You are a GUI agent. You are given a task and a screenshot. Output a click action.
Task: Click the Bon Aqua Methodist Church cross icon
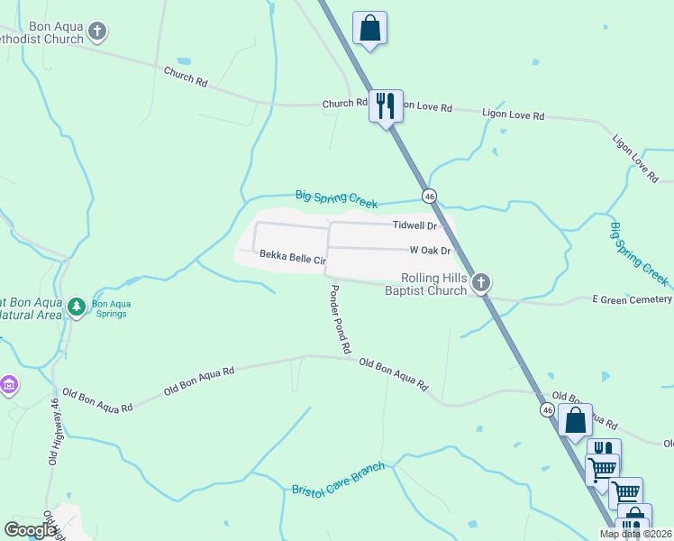[x=98, y=32]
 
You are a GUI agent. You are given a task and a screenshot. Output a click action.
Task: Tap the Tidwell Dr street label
[x=414, y=226]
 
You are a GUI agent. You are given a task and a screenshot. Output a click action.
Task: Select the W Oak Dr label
[x=429, y=251]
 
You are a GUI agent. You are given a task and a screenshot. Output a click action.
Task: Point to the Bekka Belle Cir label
[x=292, y=258]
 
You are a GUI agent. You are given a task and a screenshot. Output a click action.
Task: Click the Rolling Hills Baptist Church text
[x=426, y=284]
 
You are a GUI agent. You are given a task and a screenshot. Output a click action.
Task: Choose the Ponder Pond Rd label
[x=340, y=318]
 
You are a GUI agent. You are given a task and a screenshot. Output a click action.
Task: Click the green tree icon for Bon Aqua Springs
[x=77, y=307]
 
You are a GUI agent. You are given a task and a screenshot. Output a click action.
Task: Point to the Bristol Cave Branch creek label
[x=338, y=478]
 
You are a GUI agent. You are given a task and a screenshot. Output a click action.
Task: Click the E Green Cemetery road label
[x=631, y=299]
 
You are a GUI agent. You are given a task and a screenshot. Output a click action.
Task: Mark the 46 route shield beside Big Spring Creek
[x=429, y=196]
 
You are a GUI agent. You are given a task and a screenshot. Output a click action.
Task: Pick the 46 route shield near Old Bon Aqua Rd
[x=547, y=409]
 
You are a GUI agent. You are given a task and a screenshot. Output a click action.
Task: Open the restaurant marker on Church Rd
[x=387, y=105]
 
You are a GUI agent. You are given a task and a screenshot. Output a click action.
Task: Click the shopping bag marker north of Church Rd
[x=369, y=28]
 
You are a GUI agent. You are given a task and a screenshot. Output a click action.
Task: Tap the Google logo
[x=30, y=530]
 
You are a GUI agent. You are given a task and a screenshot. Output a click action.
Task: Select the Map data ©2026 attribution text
[x=635, y=534]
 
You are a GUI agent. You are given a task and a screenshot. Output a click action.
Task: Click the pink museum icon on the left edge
[x=9, y=386]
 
